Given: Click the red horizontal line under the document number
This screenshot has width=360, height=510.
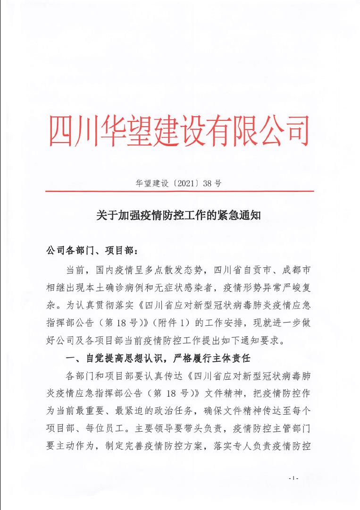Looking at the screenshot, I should (179, 191).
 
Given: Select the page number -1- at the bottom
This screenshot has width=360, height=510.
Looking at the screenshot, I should (293, 478).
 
